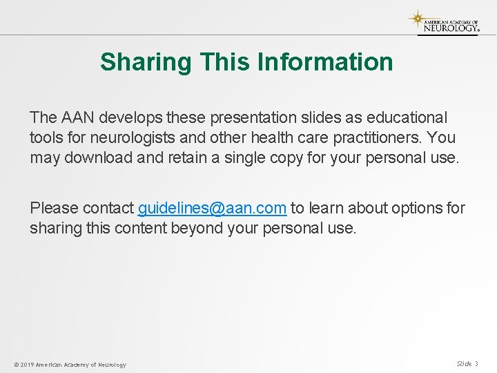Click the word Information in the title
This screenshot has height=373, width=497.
click(324, 62)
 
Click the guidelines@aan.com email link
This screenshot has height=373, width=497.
click(212, 208)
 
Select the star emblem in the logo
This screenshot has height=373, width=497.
click(416, 18)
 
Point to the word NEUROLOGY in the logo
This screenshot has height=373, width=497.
click(450, 28)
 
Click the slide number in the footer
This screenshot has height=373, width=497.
click(467, 363)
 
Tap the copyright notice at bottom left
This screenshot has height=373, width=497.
click(70, 364)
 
